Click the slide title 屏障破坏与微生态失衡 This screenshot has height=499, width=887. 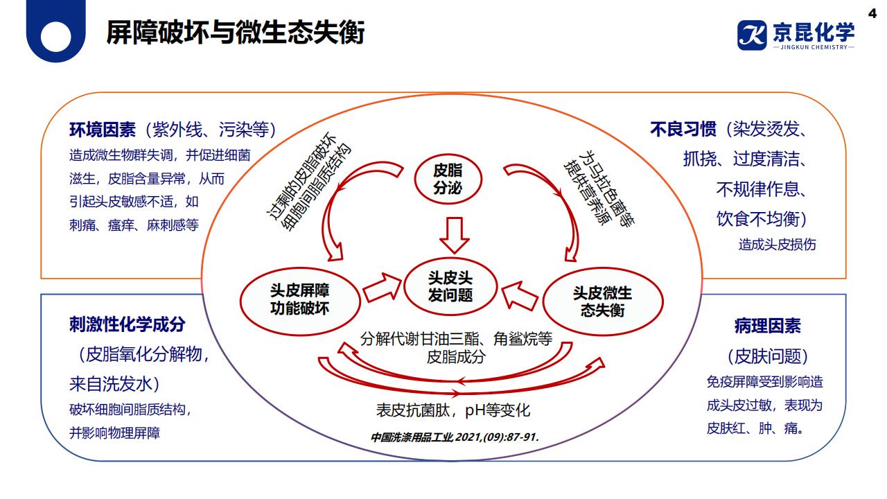click(235, 33)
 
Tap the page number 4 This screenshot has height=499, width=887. click(872, 12)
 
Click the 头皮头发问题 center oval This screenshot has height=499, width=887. click(450, 286)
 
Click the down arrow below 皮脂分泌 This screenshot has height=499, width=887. click(455, 235)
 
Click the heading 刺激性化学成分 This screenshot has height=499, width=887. click(128, 324)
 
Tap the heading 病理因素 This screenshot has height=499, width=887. click(767, 325)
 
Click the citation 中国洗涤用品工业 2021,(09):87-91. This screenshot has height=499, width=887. click(454, 437)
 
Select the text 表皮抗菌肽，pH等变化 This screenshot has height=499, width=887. click(453, 410)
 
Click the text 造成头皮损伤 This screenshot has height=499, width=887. click(777, 245)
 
